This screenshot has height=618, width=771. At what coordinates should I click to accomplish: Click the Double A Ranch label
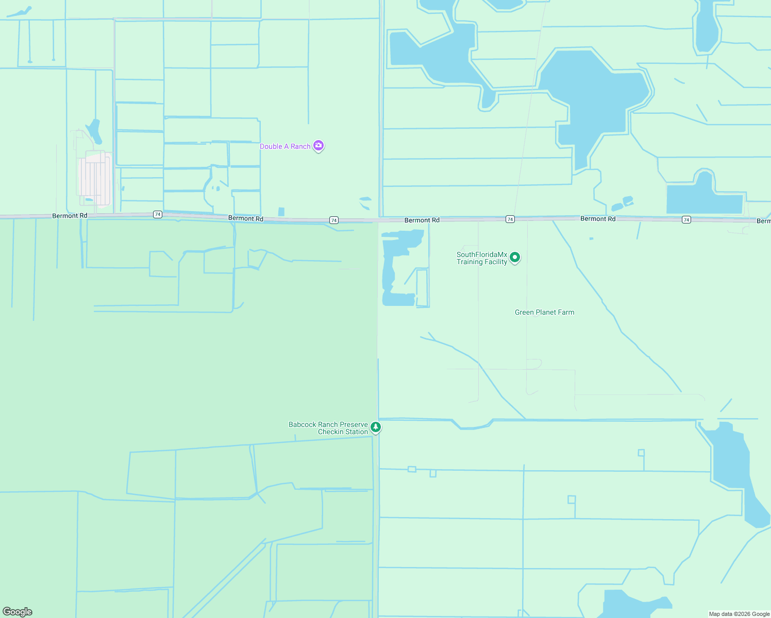point(285,147)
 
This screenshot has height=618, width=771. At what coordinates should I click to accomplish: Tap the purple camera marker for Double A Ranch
point(319,146)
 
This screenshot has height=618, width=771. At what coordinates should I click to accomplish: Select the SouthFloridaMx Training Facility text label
point(482,258)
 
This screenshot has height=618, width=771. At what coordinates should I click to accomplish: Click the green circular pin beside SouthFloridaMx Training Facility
point(514,257)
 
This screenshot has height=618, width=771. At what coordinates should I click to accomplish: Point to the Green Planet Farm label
point(544,313)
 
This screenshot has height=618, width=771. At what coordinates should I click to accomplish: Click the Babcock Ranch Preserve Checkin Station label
point(328,428)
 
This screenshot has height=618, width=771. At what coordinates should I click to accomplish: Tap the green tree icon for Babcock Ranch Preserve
point(376,427)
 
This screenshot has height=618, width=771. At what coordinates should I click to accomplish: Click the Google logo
point(18,612)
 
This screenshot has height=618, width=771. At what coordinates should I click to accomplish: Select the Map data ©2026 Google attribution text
point(739,614)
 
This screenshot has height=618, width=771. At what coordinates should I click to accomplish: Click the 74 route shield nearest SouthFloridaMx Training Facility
point(510,219)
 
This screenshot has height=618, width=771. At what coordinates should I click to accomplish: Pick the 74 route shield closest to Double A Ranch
point(334,220)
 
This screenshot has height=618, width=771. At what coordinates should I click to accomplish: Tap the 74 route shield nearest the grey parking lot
point(158,214)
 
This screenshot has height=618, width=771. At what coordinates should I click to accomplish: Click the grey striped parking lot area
point(94,178)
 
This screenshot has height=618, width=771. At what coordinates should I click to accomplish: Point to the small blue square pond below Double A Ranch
point(281,212)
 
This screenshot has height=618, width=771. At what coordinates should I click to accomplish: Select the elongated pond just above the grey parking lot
point(94,131)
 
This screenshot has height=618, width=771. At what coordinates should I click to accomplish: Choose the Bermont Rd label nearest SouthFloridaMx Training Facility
point(422,220)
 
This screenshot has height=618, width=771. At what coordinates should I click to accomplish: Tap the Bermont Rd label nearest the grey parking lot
point(70,216)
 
